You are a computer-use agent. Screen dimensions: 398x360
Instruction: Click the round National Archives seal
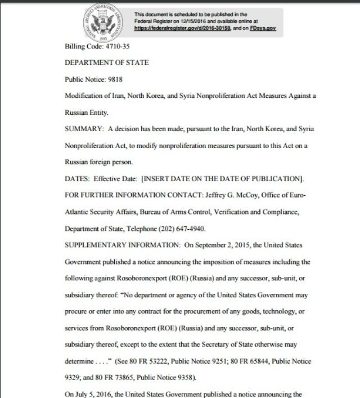(102, 22)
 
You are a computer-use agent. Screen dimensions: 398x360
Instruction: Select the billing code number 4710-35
(110, 47)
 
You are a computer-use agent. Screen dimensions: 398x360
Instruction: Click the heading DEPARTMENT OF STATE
(107, 62)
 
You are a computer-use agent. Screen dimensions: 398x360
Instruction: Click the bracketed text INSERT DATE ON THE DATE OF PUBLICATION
(223, 179)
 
